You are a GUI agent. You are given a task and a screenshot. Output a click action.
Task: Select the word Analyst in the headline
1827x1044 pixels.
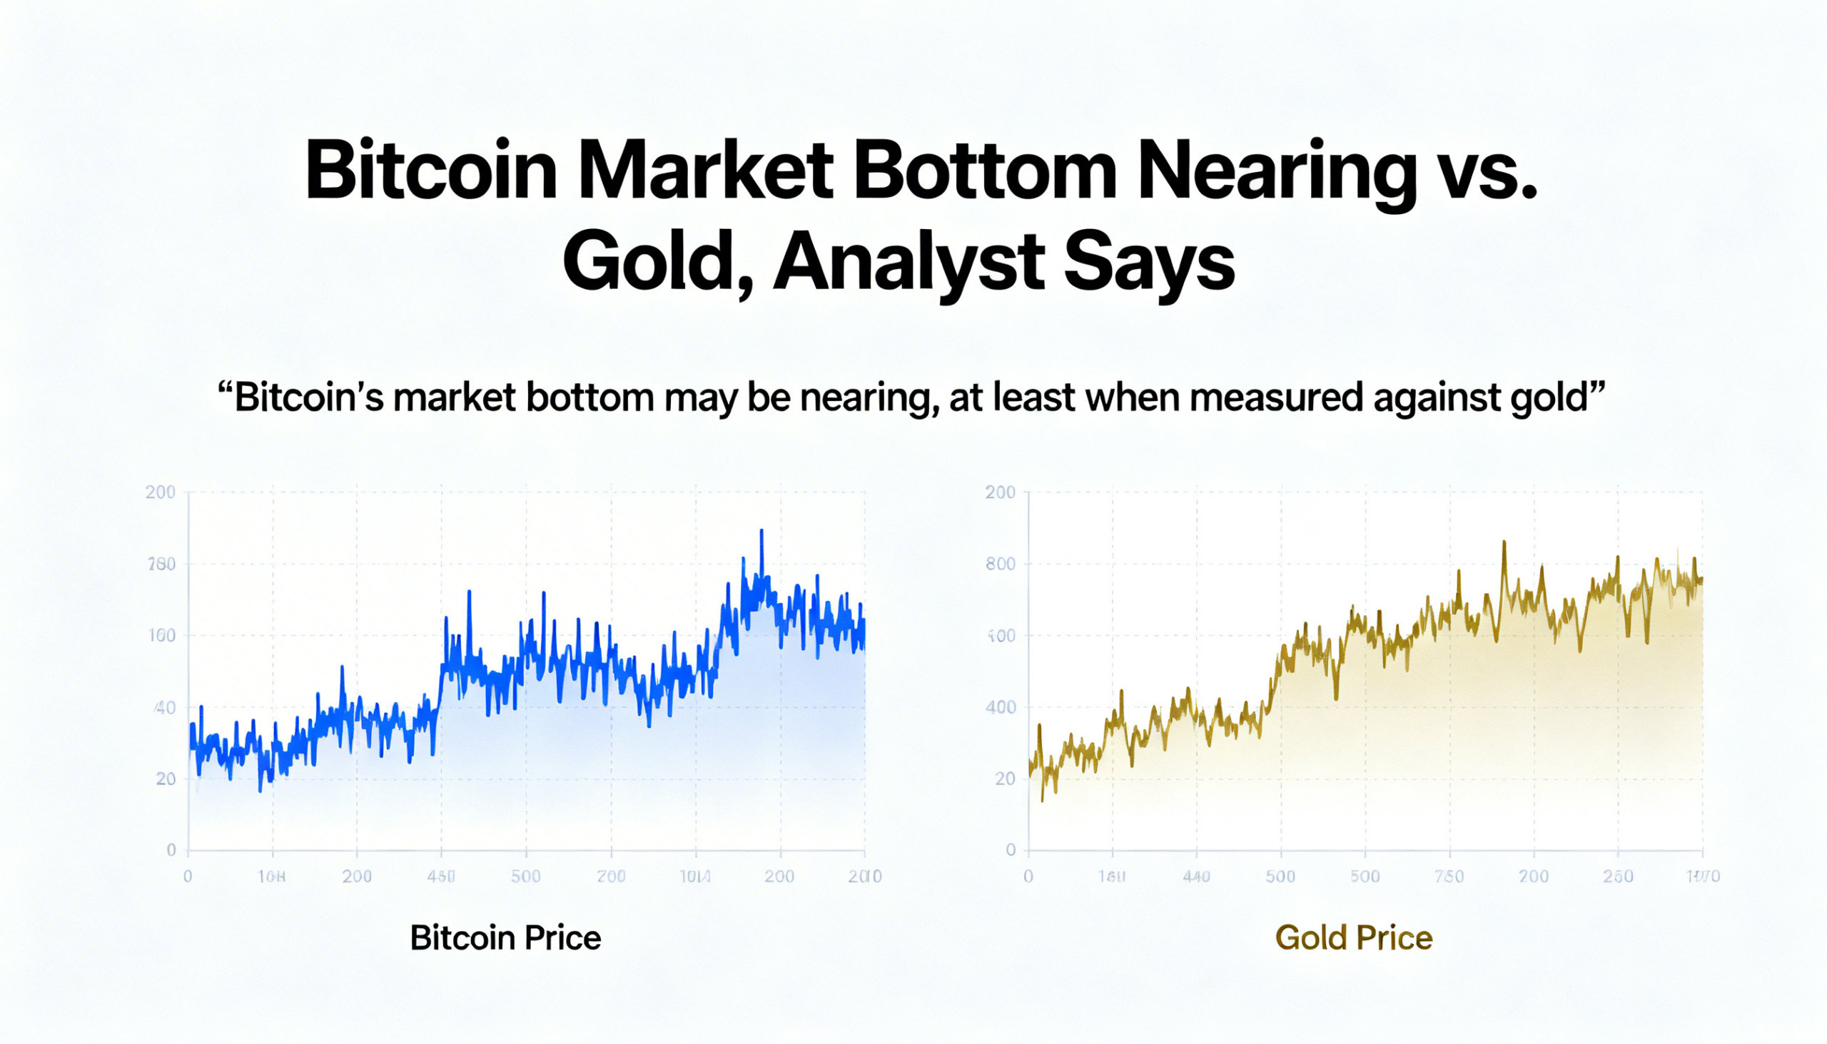pos(907,263)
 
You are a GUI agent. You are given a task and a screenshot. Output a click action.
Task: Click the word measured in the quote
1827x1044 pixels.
pos(1275,398)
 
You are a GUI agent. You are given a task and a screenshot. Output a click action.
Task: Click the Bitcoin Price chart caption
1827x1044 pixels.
pos(505,938)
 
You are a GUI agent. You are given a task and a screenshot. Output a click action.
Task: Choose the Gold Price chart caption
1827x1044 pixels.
pos(1354,938)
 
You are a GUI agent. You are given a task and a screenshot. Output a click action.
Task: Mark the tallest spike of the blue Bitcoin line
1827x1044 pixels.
pos(761,532)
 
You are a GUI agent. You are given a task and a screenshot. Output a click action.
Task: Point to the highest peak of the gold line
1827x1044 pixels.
pos(1504,543)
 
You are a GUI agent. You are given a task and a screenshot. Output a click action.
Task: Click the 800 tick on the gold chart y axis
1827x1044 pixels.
pos(1001,564)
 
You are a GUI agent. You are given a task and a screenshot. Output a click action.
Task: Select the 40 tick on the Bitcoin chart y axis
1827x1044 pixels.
pos(165,709)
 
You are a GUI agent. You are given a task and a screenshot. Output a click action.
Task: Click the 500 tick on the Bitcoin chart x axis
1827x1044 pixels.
pos(525,876)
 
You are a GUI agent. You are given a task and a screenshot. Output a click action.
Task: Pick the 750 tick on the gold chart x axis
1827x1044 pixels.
pos(1449,876)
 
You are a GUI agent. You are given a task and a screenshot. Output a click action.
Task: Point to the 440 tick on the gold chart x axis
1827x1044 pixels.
pos(1196,876)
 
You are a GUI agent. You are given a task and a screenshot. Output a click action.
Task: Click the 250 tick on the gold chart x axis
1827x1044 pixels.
pos(1618,876)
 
